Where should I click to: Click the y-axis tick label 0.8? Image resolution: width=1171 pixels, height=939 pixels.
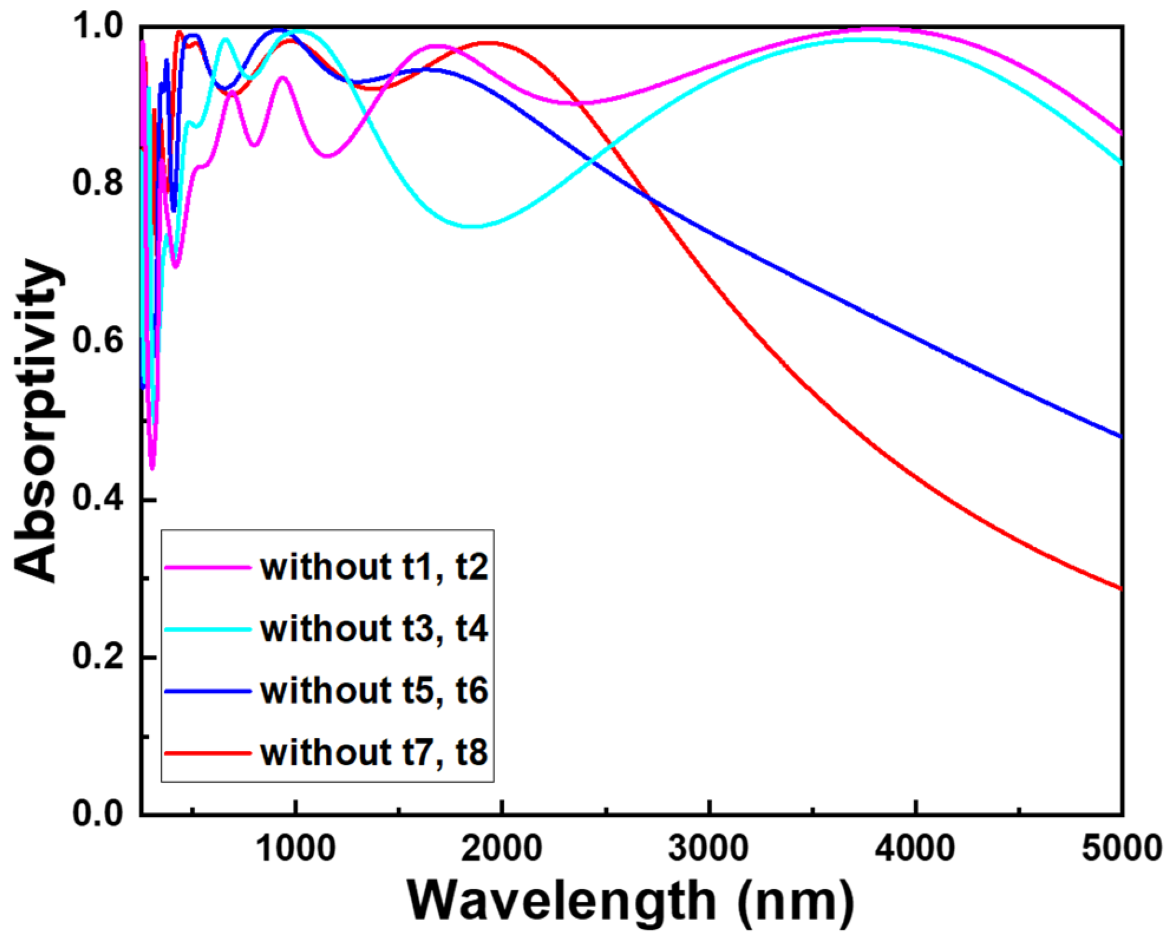tap(97, 183)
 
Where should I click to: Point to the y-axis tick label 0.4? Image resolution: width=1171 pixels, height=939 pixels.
tap(97, 499)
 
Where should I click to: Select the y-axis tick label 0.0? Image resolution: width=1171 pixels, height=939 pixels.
tap(97, 814)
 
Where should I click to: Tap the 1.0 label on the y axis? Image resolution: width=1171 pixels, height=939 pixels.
tap(97, 27)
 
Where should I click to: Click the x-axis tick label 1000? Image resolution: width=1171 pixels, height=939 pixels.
tap(296, 850)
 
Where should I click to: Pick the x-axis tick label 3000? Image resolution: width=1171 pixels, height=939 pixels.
tap(708, 850)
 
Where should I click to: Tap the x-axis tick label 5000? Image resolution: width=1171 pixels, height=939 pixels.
tap(1121, 850)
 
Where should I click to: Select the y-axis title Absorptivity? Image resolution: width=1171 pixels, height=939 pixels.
tap(37, 420)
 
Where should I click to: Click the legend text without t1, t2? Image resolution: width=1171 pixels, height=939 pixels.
tap(374, 567)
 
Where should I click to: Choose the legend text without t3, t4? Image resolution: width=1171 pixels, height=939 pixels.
tap(374, 629)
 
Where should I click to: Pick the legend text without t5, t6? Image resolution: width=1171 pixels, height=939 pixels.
tap(374, 691)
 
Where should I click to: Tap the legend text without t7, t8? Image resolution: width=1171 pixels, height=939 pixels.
tap(374, 753)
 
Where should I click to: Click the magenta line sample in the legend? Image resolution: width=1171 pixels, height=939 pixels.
tap(208, 567)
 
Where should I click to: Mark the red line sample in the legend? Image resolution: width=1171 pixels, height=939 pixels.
tap(208, 753)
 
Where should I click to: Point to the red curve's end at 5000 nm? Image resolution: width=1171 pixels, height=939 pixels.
tap(1119, 588)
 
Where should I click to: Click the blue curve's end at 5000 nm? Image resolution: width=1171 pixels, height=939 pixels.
tap(1119, 436)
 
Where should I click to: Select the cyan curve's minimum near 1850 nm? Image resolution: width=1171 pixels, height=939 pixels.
tap(472, 226)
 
